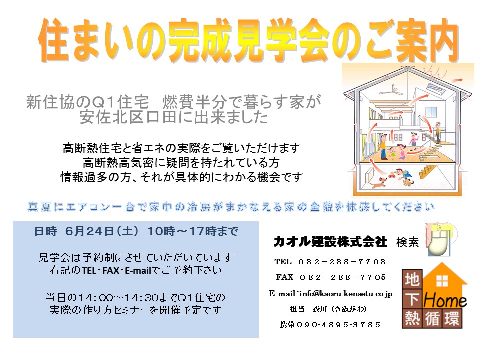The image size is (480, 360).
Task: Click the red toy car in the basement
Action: [392, 175]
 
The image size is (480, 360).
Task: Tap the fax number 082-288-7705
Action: [343, 277]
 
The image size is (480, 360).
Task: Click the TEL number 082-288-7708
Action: [342, 262]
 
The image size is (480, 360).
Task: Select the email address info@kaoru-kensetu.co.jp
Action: [346, 294]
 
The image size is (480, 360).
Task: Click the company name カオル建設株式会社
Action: [330, 242]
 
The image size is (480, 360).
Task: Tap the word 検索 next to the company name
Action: [408, 242]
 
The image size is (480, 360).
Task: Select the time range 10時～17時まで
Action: [193, 231]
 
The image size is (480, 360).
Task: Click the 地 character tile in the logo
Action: [412, 279]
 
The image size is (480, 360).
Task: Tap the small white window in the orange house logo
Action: [442, 280]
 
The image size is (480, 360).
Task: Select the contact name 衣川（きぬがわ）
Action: [340, 309]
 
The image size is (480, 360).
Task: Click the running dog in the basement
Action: [377, 184]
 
